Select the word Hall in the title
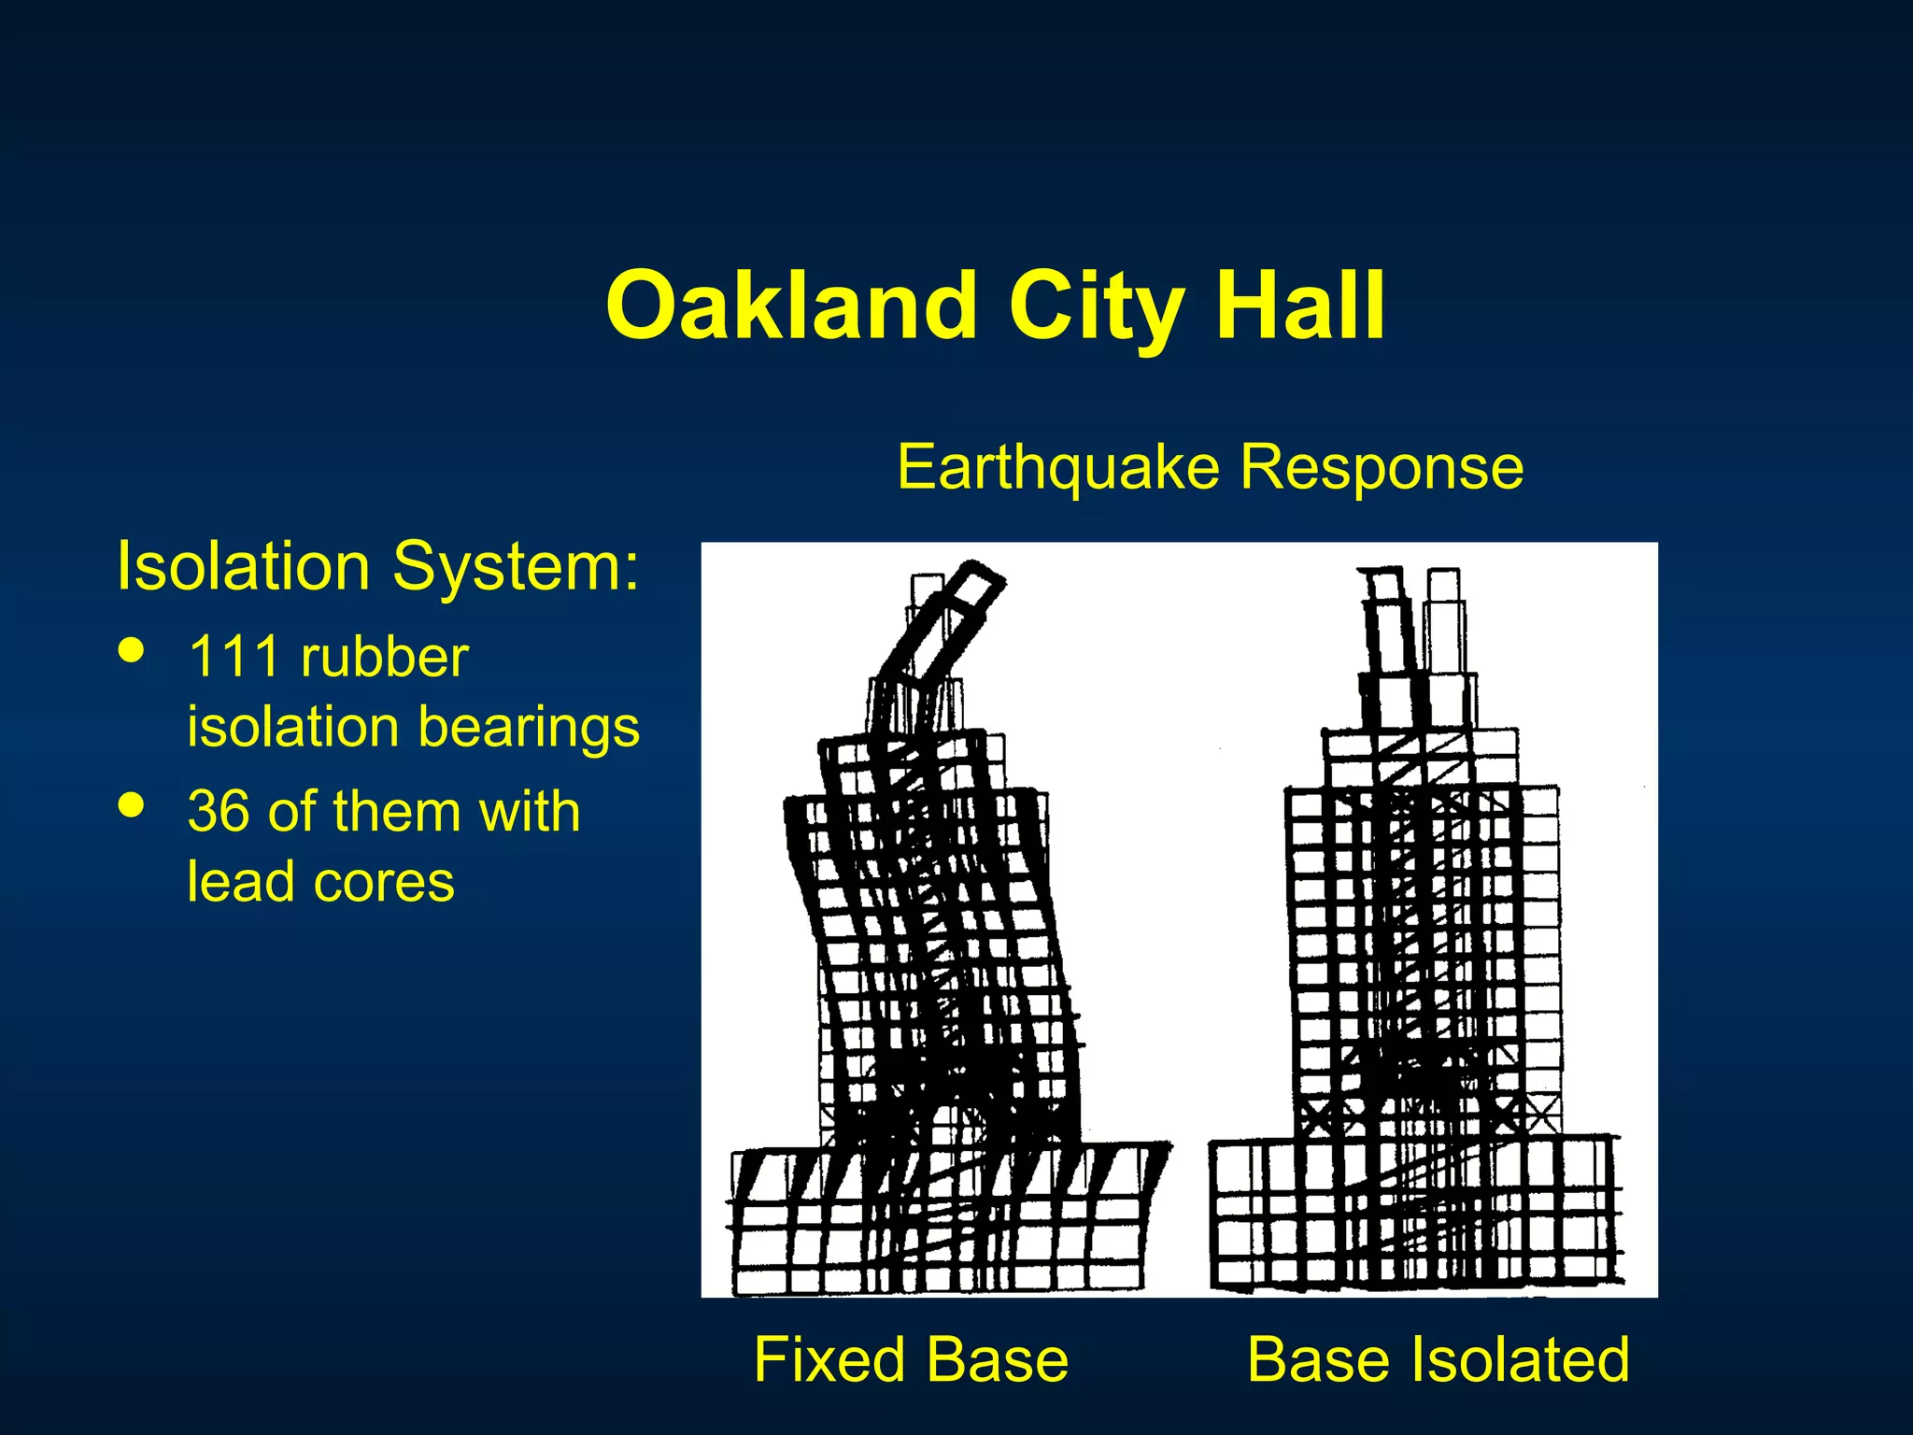pos(1299,305)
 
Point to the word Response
pos(1382,466)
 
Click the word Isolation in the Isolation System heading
pos(243,566)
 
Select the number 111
pos(234,657)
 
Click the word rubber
pos(384,657)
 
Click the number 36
pos(219,811)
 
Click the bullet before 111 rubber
pos(132,650)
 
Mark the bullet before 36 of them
pos(132,804)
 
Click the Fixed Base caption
pos(911,1359)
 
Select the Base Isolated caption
pos(1438,1359)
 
